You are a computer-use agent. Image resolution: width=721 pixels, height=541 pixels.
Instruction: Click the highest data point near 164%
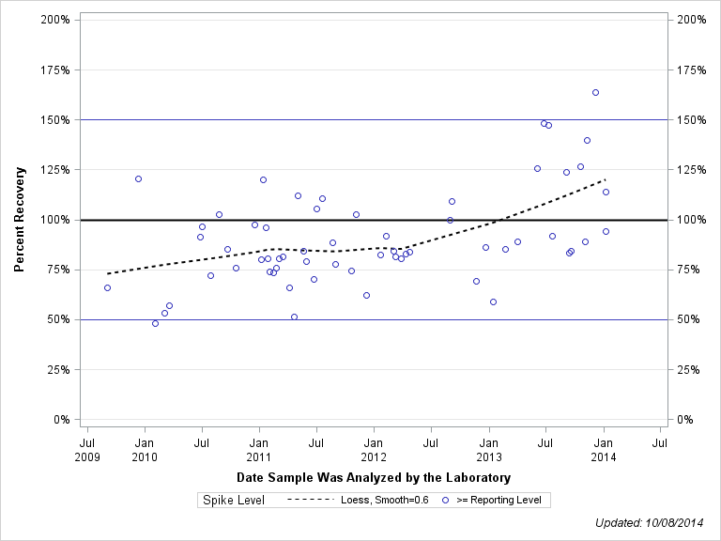tap(595, 92)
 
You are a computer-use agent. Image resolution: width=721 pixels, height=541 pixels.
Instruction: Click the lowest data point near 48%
tap(155, 323)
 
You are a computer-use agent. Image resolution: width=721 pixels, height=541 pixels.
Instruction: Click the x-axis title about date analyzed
tap(374, 478)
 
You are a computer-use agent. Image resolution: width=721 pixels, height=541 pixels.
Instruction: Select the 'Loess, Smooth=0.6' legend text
tap(385, 501)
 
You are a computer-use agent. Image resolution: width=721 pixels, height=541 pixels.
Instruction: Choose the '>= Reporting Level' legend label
tap(499, 501)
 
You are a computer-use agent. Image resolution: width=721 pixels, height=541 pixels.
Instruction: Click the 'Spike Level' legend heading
tap(234, 501)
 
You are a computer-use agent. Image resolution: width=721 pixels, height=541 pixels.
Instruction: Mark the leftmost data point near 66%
tap(107, 287)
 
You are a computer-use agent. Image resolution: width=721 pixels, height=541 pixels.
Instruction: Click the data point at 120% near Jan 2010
tap(138, 178)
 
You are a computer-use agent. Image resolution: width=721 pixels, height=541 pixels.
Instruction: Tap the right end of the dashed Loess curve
tap(606, 178)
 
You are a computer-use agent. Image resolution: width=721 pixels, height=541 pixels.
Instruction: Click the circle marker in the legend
tap(445, 501)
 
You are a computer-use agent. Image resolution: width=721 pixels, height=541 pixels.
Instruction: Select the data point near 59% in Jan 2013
tap(493, 301)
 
